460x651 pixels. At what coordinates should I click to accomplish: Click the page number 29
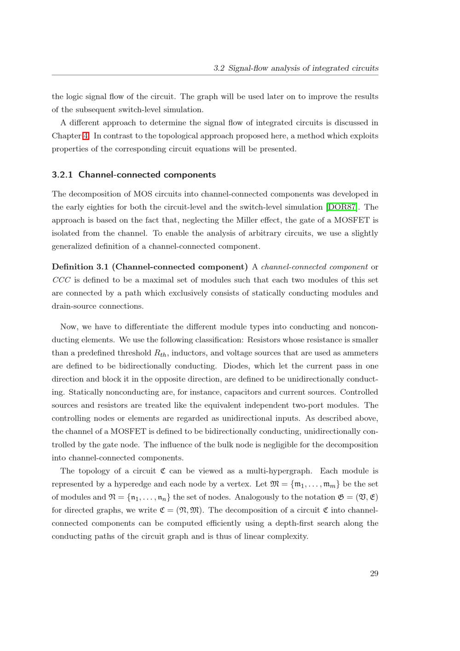(x=374, y=573)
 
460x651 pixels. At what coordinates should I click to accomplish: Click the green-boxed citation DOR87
(x=342, y=207)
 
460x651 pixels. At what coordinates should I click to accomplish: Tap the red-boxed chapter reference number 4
(x=86, y=136)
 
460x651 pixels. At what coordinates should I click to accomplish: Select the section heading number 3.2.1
(x=63, y=175)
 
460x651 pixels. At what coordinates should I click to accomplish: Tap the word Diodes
(x=236, y=366)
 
